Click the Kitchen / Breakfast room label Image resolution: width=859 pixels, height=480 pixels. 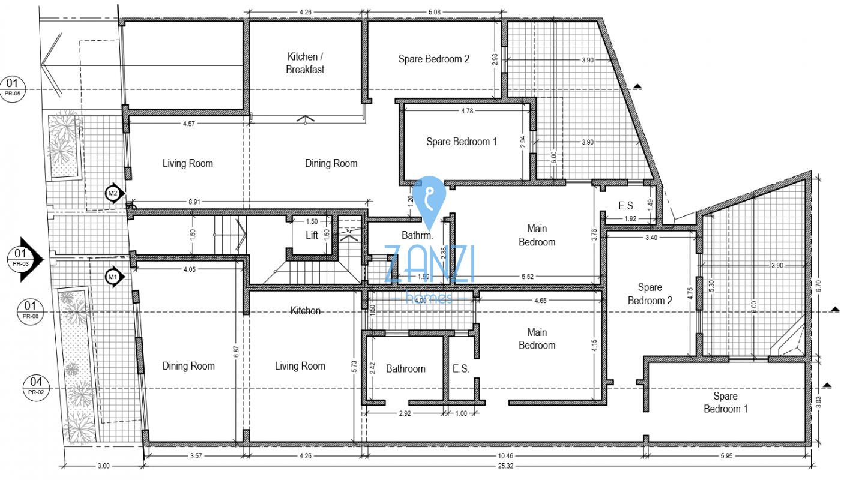(305, 63)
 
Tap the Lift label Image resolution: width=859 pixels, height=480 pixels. (312, 235)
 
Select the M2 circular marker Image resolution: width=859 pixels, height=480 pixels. (113, 193)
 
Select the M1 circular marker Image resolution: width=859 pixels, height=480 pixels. (113, 277)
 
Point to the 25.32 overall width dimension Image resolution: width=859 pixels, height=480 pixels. (477, 466)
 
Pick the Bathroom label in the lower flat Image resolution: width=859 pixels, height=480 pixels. (405, 368)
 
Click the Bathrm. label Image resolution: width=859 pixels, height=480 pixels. (414, 235)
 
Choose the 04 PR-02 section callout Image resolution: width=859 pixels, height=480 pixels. (37, 386)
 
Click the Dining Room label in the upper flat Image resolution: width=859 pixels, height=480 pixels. (331, 163)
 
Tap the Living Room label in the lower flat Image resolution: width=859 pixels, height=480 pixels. (300, 366)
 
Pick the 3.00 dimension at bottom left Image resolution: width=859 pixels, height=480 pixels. (103, 466)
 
